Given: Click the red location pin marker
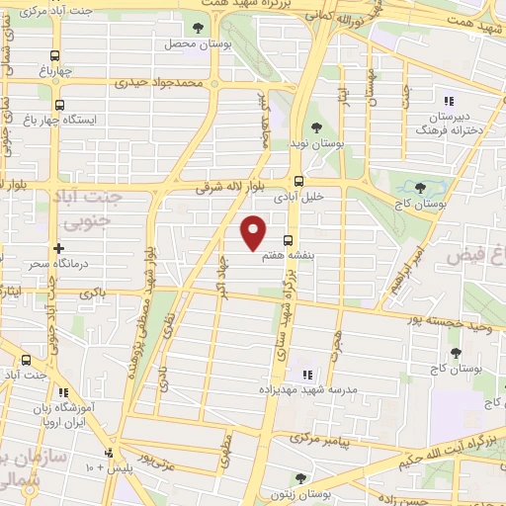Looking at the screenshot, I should coord(254,231).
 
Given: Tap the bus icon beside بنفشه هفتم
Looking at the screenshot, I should coord(288,240).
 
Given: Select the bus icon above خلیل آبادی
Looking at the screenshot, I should coord(298,180).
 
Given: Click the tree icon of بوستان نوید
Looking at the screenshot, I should coord(315,127).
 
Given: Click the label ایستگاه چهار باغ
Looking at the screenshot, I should coord(100,120).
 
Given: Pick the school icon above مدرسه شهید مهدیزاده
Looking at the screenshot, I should coord(307,375).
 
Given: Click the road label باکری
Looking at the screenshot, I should coord(91,294).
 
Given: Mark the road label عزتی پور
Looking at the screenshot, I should coord(156,459).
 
